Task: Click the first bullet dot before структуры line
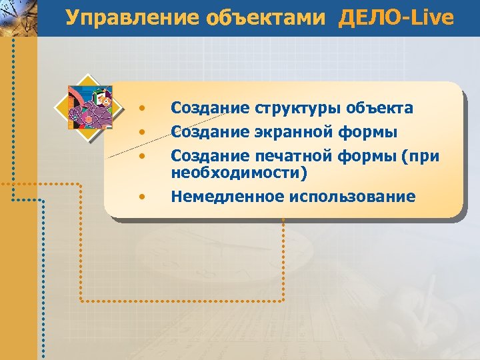[141, 109]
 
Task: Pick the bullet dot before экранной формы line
[141, 133]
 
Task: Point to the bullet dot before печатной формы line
[141, 157]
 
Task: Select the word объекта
[380, 109]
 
